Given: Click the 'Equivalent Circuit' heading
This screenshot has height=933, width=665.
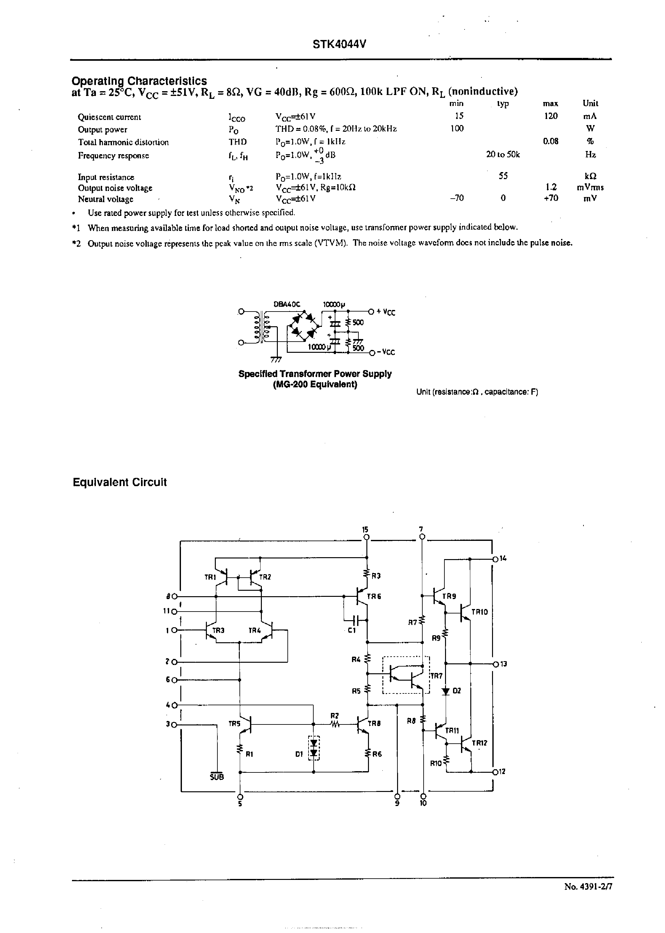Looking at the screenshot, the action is coord(120,482).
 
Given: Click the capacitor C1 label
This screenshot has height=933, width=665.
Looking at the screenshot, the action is coord(352,630).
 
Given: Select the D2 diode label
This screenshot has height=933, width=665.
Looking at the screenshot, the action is coord(457,691).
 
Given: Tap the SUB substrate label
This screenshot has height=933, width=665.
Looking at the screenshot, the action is coord(217,777).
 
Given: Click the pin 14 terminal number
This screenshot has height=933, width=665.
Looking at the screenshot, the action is coord(503,558).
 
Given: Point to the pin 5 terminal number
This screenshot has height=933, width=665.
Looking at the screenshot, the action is coord(240,803).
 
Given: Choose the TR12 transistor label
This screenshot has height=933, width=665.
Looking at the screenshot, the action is coord(480,743).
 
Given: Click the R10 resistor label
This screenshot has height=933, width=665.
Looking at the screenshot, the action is coord(436,763).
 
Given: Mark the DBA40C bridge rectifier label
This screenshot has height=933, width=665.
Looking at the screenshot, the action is coord(287,304).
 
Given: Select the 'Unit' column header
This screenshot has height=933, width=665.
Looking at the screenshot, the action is coord(590,103).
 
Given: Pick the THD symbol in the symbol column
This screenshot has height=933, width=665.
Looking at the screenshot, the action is coord(238,142).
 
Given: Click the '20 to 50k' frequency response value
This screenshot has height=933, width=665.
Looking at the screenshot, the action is coord(503,154).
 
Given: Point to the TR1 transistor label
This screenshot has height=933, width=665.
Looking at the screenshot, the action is coord(210,577).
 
